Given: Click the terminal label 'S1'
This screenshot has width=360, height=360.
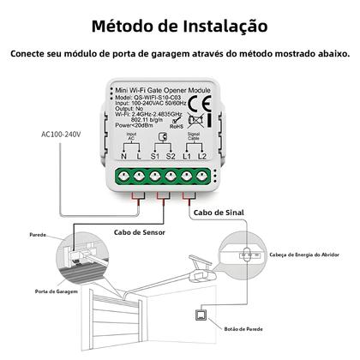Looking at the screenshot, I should (153, 157).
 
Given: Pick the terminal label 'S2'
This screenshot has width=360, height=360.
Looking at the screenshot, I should (171, 157).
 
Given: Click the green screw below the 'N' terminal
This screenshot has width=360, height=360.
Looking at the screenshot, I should (127, 177).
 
